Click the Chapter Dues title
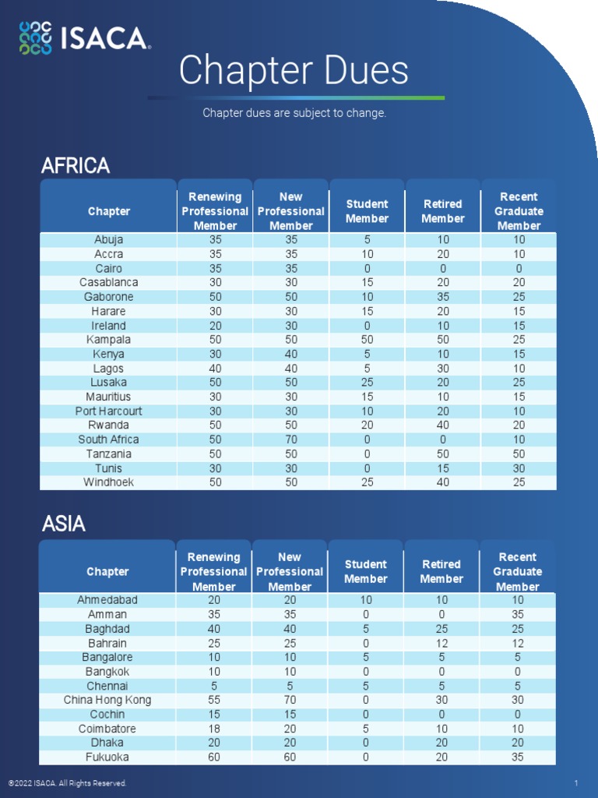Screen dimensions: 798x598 pos(294,71)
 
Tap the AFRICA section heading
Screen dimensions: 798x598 pos(76,166)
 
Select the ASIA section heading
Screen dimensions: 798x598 pos(64,524)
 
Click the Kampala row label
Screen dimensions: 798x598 pos(109,340)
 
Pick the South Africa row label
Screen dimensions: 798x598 pos(109,440)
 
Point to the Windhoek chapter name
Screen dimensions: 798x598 pos(109,482)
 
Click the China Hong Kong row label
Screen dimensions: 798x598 pos(107,700)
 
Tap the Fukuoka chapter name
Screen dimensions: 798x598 pos(107,757)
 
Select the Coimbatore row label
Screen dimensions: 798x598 pos(107,729)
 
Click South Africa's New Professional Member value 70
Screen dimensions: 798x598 pos(291,440)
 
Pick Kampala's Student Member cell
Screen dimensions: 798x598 pos(368,340)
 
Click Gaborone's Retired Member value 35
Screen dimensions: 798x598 pos(443,297)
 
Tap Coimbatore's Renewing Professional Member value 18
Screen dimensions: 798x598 pos(214,729)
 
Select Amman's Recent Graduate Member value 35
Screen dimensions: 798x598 pos(518,614)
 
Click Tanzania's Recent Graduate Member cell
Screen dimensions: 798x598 pos(519,454)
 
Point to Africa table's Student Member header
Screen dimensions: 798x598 pos(368,211)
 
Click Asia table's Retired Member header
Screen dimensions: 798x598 pos(441,571)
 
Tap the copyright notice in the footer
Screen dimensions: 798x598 pos(67,783)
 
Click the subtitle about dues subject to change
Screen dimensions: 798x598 pos(294,113)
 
